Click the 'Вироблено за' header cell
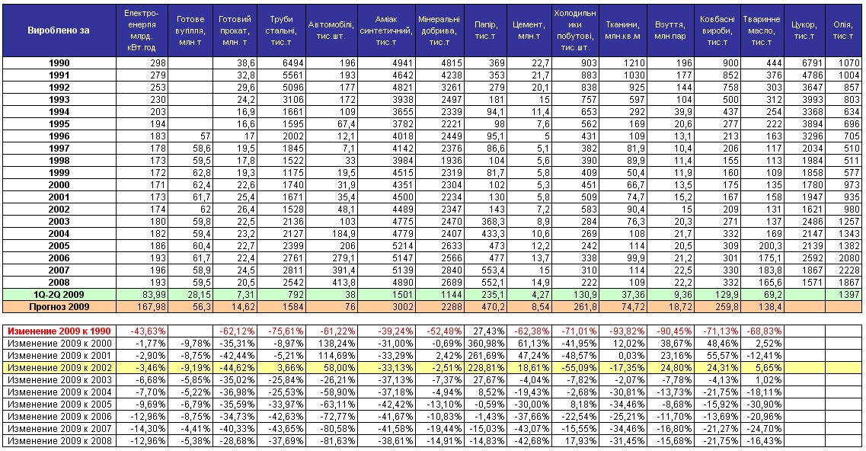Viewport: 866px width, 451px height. click(59, 30)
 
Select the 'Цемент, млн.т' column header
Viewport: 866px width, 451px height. click(529, 30)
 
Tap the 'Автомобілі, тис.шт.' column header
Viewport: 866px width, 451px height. click(331, 30)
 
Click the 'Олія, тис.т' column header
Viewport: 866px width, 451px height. click(843, 30)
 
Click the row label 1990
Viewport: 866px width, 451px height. click(59, 63)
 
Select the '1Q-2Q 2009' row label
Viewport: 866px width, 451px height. click(59, 295)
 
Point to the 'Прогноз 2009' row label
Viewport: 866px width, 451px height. click(59, 307)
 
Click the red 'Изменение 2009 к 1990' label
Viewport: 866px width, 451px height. click(59, 331)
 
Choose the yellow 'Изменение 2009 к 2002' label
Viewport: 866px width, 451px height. click(59, 367)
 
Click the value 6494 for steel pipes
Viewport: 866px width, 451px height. click(292, 63)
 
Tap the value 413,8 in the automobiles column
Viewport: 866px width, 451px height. click(342, 283)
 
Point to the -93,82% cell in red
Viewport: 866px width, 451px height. click(622, 331)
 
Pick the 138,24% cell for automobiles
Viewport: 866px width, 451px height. click(337, 344)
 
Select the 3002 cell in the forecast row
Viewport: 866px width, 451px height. click(401, 307)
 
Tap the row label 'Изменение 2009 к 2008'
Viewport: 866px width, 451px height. click(59, 440)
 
